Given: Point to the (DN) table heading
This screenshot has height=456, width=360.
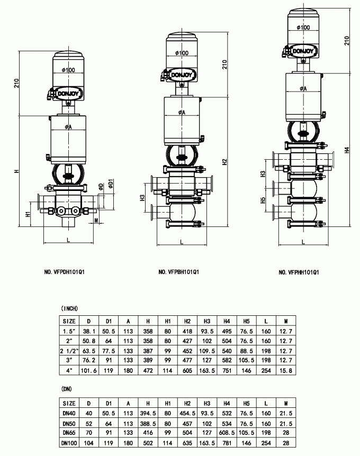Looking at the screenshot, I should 67,389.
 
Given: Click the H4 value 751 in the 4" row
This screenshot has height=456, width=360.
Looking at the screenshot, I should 227,371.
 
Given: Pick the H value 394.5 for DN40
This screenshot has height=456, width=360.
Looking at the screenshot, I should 148,413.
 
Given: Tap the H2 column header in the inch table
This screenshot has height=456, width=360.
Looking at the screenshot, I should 187,321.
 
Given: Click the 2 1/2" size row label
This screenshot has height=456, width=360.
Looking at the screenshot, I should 69,351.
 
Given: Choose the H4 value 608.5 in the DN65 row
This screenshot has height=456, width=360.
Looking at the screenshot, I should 227,432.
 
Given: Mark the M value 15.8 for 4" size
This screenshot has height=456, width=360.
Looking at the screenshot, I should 286,371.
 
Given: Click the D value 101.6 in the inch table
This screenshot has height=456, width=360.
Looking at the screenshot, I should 89,371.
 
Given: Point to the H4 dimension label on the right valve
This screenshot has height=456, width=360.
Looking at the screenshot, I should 347,150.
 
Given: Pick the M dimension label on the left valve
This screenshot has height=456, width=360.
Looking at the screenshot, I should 96,220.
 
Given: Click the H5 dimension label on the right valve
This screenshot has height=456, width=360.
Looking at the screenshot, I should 263,200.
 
